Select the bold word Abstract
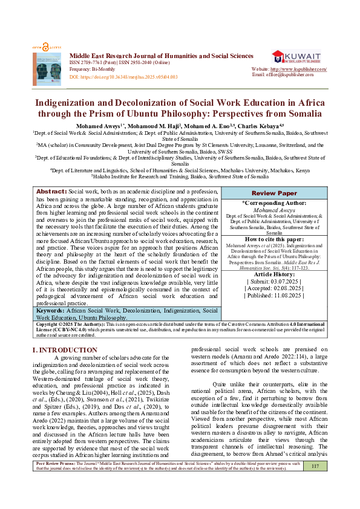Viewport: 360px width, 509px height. pyautogui.click(x=51, y=157)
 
